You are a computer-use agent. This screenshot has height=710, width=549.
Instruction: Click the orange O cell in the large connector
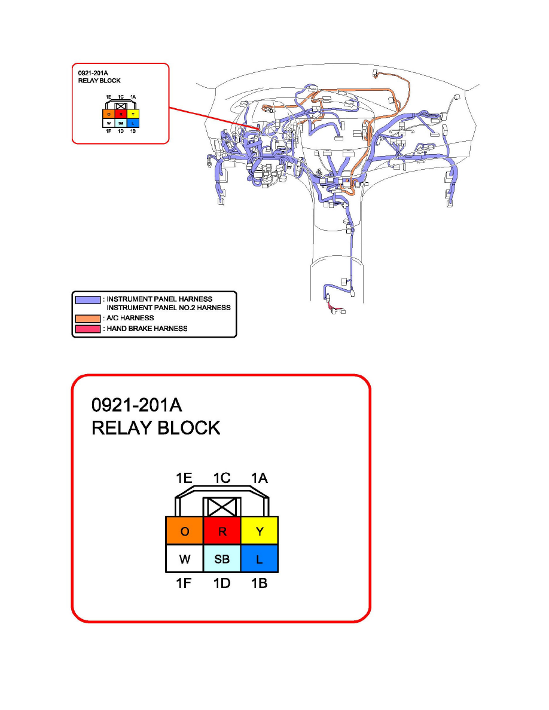184,531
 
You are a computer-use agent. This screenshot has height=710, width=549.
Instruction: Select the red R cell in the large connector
222,531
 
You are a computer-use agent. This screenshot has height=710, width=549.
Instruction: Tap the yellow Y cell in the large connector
260,531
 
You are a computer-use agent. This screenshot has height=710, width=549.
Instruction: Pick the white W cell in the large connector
184,559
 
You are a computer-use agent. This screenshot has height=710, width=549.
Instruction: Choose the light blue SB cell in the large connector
222,559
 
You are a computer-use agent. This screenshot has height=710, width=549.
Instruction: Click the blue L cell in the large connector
260,559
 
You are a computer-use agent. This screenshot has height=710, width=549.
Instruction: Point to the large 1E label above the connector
184,478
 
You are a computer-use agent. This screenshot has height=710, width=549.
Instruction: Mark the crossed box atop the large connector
222,508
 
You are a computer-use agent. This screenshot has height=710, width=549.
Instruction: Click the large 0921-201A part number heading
136,406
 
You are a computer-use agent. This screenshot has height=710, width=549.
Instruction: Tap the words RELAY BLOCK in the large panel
155,428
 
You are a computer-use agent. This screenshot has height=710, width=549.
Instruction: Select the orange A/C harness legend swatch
87,318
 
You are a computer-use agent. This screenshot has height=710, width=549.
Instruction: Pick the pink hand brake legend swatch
87,328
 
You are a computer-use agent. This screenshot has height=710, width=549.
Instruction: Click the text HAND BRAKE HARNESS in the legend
147,328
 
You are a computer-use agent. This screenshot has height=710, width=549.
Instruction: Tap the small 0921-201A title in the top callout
93,74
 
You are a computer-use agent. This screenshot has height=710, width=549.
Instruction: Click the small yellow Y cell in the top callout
133,114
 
